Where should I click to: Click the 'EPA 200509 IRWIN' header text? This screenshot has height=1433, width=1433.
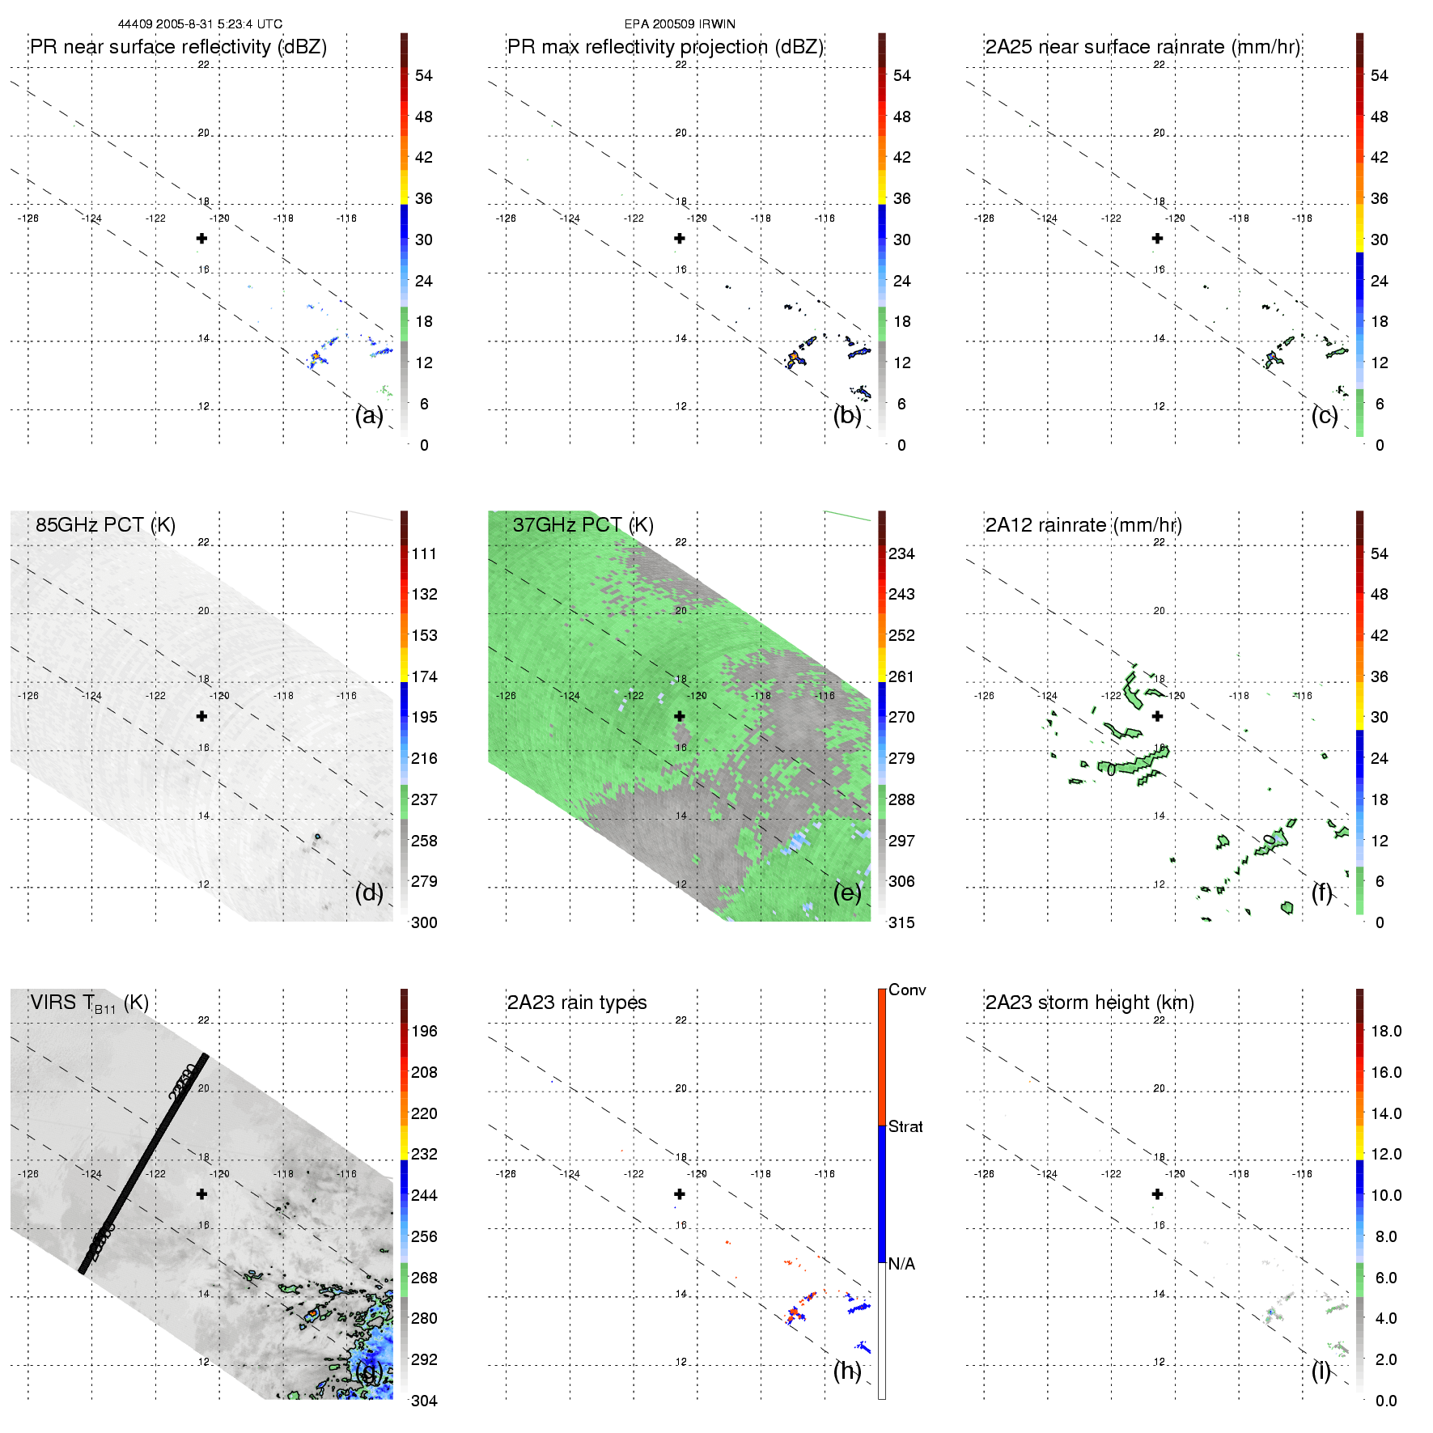tap(680, 24)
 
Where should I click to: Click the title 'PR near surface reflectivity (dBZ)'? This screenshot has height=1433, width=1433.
tap(178, 47)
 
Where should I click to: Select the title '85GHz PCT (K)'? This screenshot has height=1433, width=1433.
tap(105, 524)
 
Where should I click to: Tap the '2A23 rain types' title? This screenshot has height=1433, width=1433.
tap(577, 1003)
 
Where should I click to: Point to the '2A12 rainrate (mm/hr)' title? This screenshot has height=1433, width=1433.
tap(1083, 524)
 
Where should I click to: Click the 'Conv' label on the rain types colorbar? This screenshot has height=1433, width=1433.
tap(907, 990)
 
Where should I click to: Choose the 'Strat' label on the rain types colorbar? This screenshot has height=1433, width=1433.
tap(905, 1126)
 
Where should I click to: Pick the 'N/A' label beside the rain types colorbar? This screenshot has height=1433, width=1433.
tap(901, 1264)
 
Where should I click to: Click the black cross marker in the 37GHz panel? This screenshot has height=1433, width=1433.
tap(680, 716)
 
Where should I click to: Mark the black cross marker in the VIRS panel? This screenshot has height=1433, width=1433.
tap(201, 1194)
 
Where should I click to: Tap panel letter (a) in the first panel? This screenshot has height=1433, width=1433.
tap(369, 415)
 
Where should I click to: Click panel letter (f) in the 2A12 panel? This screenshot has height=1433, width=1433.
tap(1322, 892)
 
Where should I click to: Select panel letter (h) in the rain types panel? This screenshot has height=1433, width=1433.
tap(846, 1370)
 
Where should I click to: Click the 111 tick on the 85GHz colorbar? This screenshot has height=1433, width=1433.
tap(424, 553)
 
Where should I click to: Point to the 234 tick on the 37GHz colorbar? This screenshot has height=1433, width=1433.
tap(901, 553)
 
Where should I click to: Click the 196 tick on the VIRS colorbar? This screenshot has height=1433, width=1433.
tap(424, 1031)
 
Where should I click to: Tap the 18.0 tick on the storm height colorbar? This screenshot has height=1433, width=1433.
tap(1386, 1031)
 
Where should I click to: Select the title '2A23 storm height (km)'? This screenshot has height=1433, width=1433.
tap(1089, 1003)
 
